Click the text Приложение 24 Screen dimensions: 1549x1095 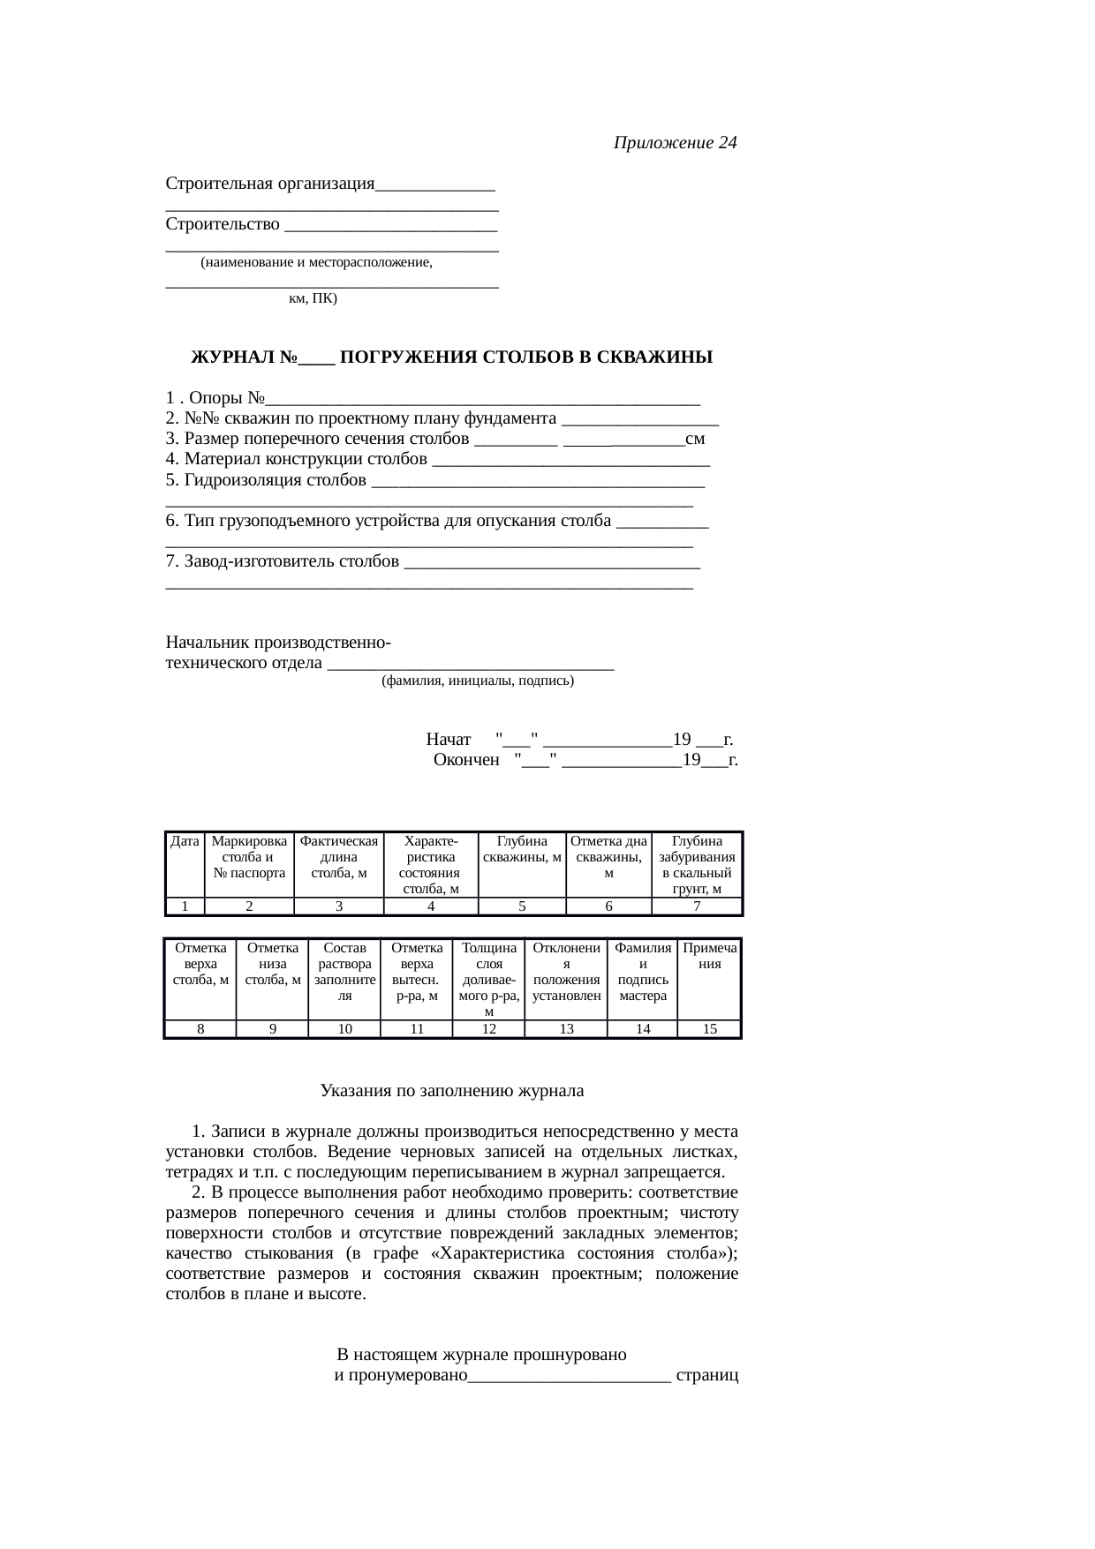coord(675,143)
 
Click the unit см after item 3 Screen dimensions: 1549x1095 coord(695,440)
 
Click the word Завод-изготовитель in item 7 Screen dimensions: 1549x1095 coord(291,561)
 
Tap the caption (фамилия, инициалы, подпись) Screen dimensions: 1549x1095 coord(478,681)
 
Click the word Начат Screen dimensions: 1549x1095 coord(449,739)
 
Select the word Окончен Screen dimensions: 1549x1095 coord(466,760)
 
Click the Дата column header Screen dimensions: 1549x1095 coord(185,842)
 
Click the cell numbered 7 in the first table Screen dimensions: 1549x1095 coord(697,906)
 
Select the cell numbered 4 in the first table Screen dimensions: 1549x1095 coord(430,906)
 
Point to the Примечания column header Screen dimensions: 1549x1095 coord(709,956)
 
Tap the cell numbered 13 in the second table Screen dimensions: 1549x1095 coord(566,1028)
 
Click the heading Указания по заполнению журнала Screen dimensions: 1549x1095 coord(451,1091)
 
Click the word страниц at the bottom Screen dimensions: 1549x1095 coord(706,1376)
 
